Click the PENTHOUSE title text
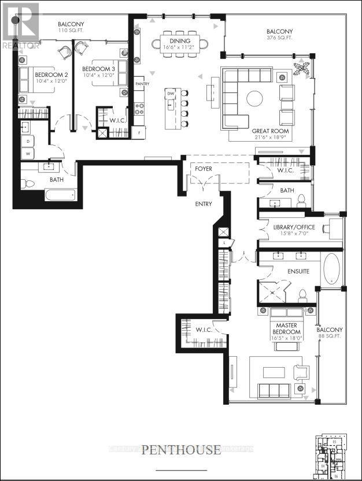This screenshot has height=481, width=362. point(181,449)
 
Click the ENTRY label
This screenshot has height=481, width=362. point(203,203)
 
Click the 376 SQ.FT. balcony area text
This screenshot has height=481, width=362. point(279,38)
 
